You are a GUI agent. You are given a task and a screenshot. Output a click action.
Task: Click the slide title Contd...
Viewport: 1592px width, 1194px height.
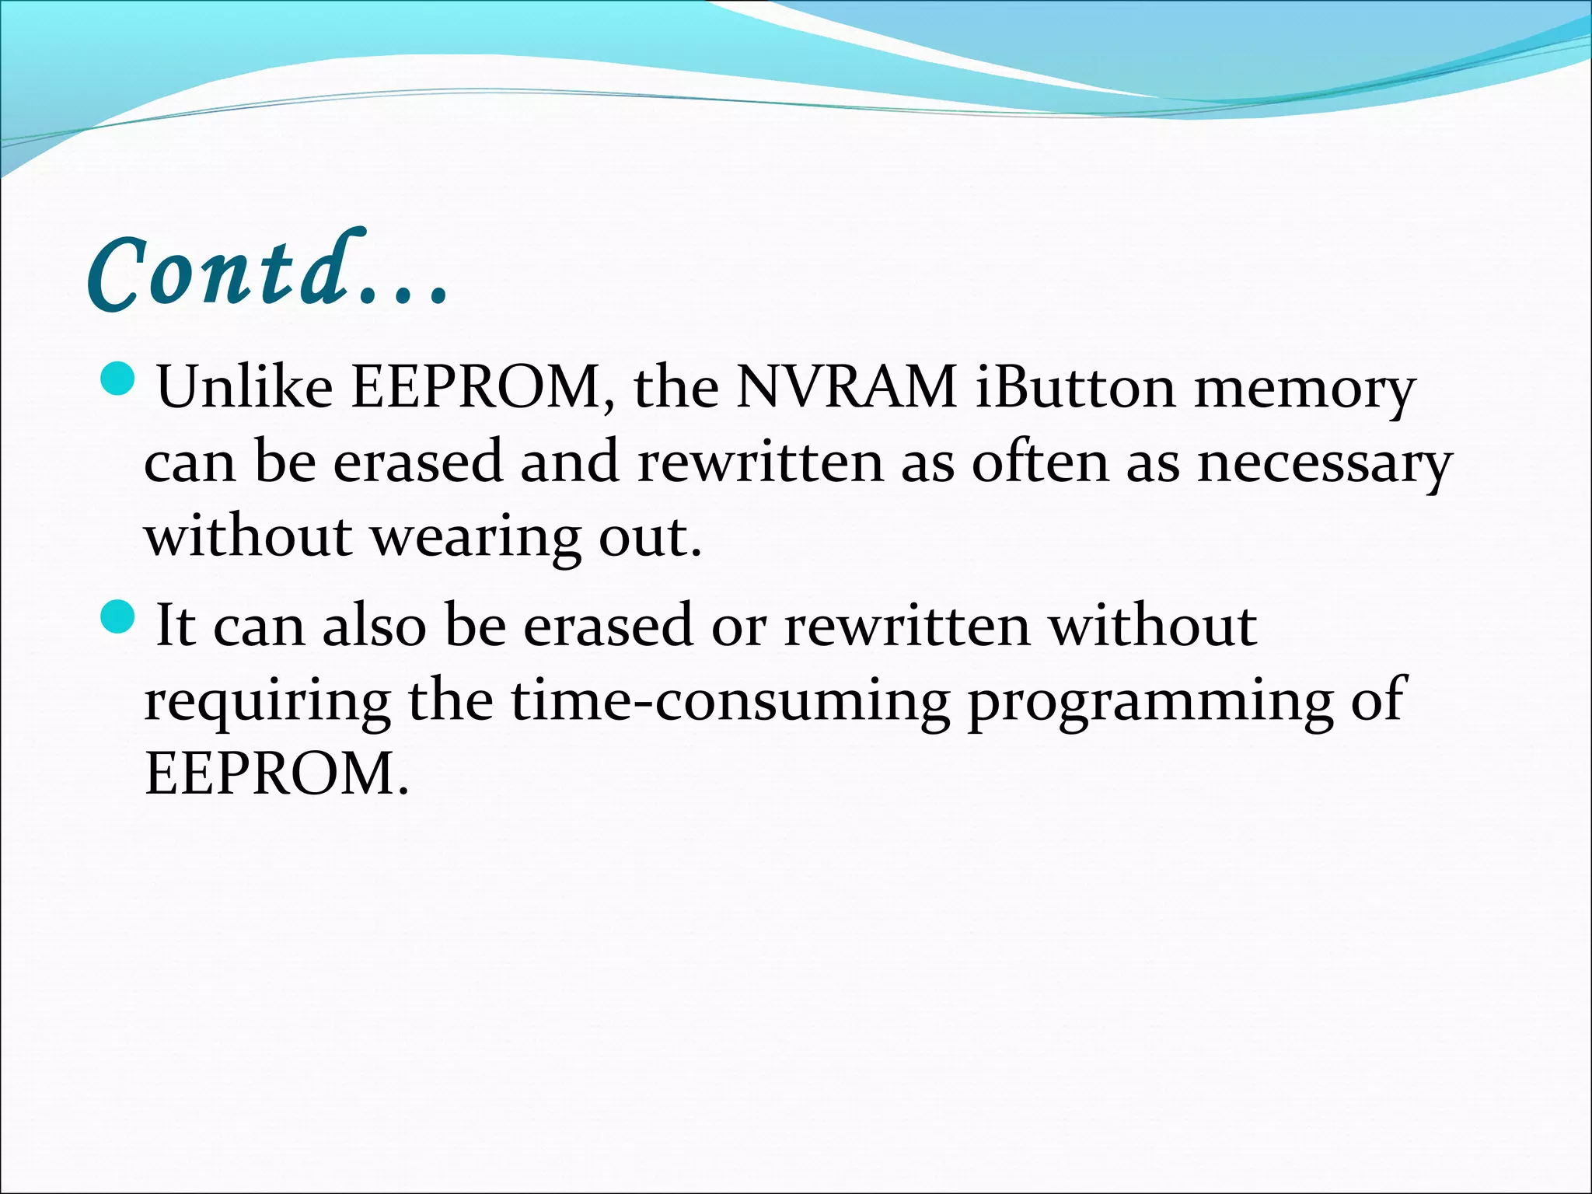[x=268, y=272]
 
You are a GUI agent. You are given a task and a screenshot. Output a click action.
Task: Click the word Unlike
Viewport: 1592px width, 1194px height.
[x=245, y=387]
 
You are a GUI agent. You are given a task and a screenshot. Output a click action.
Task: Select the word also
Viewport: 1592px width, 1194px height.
[x=375, y=626]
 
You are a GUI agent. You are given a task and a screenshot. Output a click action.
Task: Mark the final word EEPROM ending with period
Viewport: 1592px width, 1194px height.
[x=276, y=774]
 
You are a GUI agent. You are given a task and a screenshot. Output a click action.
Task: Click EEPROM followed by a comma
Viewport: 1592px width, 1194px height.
[x=482, y=387]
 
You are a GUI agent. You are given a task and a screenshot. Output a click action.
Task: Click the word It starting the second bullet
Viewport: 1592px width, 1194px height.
[x=175, y=626]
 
